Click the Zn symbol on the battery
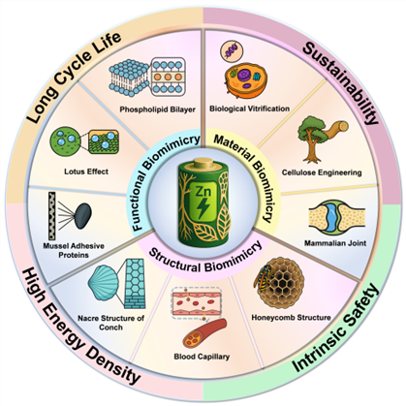(203, 192)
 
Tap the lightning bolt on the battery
(203, 207)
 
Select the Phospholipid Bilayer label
(158, 109)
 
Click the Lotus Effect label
(86, 172)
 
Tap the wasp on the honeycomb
(263, 277)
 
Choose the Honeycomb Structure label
(291, 318)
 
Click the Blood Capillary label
(202, 357)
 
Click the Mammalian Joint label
(335, 243)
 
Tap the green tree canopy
(310, 129)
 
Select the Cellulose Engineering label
(322, 172)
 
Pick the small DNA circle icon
(232, 51)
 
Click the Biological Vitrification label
(249, 109)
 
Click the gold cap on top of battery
(203, 163)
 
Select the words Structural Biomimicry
(205, 259)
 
